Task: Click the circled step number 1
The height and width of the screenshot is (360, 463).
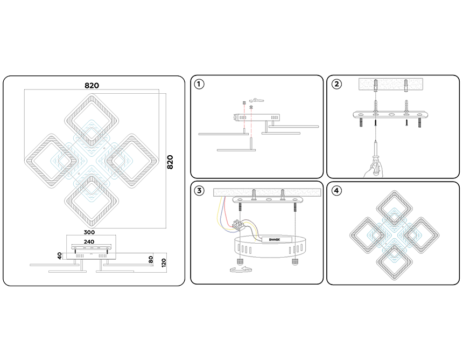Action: click(x=200, y=84)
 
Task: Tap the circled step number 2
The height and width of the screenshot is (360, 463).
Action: click(x=336, y=84)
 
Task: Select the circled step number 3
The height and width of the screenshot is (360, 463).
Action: click(x=200, y=191)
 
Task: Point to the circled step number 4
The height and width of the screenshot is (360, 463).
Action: click(x=336, y=191)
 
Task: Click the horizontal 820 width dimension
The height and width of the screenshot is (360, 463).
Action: click(x=92, y=86)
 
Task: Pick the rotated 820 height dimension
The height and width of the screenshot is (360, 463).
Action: click(x=170, y=162)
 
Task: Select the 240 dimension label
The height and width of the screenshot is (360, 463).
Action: click(x=89, y=241)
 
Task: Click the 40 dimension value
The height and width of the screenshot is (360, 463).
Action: click(x=60, y=254)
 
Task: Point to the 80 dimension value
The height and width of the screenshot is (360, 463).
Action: click(x=151, y=259)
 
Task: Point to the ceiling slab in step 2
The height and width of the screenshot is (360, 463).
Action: click(x=392, y=85)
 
